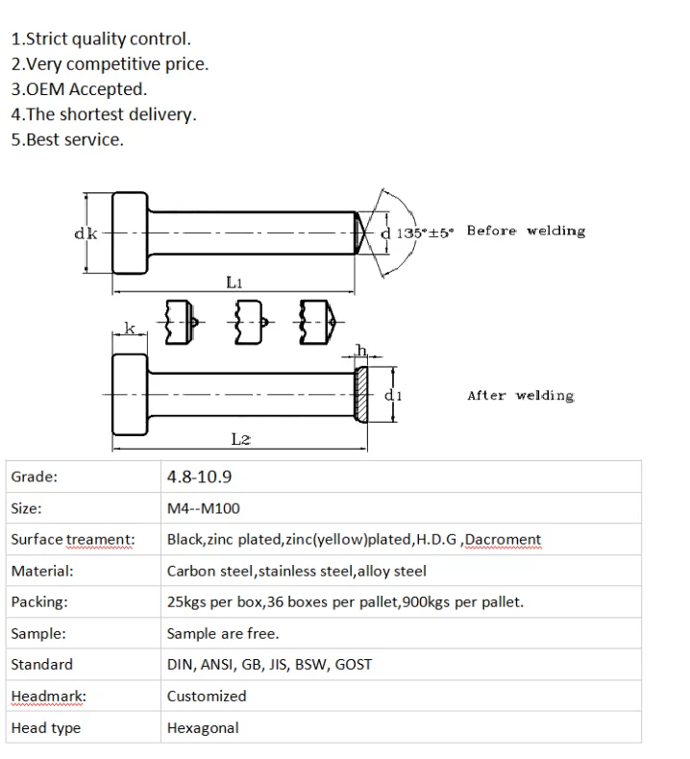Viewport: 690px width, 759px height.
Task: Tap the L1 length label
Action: click(x=234, y=282)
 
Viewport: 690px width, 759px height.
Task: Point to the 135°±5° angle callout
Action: click(x=425, y=232)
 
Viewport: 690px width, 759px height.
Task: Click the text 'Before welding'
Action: click(x=526, y=231)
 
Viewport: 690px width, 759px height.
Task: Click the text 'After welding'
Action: click(x=520, y=395)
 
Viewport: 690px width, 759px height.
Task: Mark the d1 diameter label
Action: click(x=392, y=395)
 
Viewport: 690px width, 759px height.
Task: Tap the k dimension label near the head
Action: click(x=129, y=329)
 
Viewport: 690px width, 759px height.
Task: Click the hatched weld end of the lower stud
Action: click(x=361, y=395)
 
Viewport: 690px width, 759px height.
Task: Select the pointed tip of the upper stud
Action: click(x=357, y=232)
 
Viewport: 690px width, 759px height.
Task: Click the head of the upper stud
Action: click(x=132, y=233)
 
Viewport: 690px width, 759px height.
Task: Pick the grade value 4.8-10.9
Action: click(x=199, y=477)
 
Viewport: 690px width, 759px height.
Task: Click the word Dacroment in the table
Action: click(x=503, y=540)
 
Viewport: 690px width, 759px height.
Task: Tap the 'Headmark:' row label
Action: click(x=48, y=696)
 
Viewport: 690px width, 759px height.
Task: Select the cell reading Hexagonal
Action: click(x=203, y=727)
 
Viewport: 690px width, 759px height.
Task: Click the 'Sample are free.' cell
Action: click(x=223, y=633)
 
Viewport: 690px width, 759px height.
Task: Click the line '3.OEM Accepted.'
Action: click(x=79, y=89)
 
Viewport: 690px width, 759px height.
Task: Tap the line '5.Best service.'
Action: click(x=67, y=139)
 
